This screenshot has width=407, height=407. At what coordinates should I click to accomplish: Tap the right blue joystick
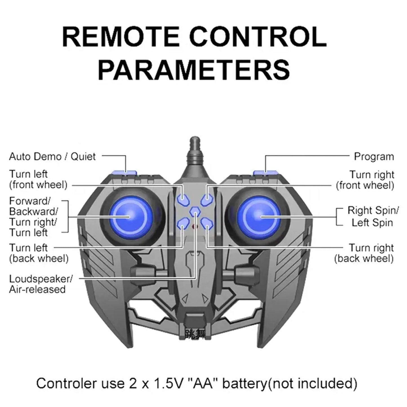pos(261,216)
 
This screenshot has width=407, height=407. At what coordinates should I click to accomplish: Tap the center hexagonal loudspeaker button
pos(195,211)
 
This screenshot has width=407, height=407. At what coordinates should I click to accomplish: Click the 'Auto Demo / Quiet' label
pos(52,156)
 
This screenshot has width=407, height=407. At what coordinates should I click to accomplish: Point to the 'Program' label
pos(374,156)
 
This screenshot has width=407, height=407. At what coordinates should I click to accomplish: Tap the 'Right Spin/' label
pos(373,210)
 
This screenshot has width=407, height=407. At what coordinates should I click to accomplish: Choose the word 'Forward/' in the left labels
pos(30,201)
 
